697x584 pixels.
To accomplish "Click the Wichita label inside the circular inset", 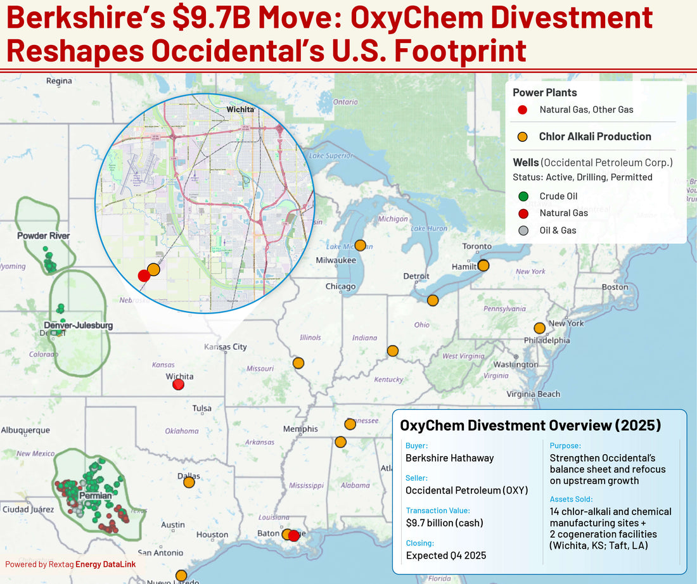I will [240, 109].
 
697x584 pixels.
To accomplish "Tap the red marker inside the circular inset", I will [144, 276].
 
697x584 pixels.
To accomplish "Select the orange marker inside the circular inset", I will [153, 269].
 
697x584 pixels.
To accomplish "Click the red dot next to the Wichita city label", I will [179, 384].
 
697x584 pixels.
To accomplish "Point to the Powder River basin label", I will [44, 236].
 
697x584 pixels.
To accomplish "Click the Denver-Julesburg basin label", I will [79, 326].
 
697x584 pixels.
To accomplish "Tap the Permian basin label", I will [96, 495].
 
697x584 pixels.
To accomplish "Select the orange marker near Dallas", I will [189, 482].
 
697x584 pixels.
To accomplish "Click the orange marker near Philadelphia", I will [539, 328].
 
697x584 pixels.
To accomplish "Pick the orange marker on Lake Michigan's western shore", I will [360, 245].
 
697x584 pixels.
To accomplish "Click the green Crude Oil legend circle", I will [523, 196].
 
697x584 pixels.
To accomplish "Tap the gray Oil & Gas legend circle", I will [523, 231].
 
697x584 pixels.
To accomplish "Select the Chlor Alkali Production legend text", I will [594, 136].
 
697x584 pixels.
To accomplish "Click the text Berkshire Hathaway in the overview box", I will [449, 458].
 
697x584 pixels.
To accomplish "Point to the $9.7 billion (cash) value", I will [444, 523].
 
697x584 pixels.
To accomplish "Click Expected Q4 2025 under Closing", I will [445, 555].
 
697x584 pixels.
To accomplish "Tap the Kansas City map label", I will [225, 347].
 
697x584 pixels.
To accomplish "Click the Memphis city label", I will [300, 429].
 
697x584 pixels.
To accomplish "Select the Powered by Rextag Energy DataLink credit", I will [70, 564].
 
